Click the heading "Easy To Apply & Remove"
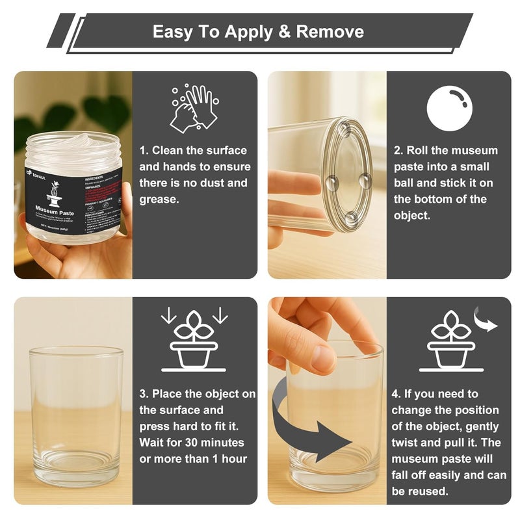tap(258, 32)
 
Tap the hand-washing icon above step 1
tap(193, 109)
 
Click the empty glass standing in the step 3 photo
tap(76, 416)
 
